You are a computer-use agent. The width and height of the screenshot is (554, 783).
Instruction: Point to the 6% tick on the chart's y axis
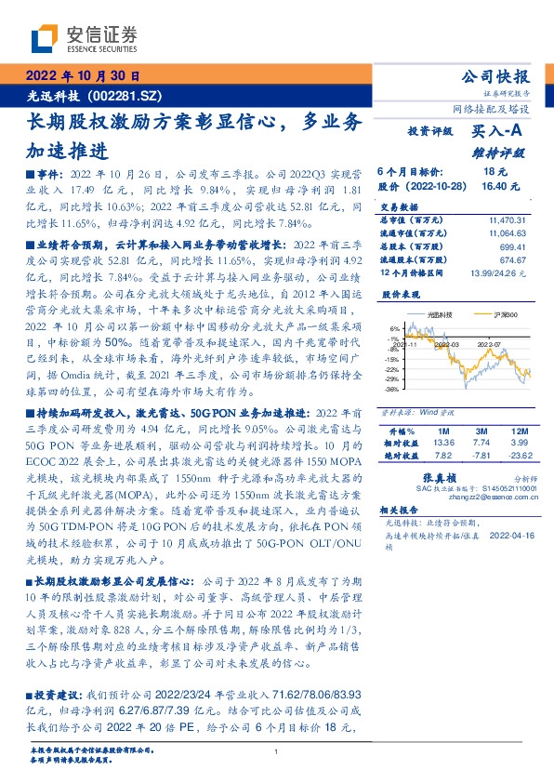[x=394, y=329]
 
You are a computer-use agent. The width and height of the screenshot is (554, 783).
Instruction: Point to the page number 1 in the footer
[x=277, y=751]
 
